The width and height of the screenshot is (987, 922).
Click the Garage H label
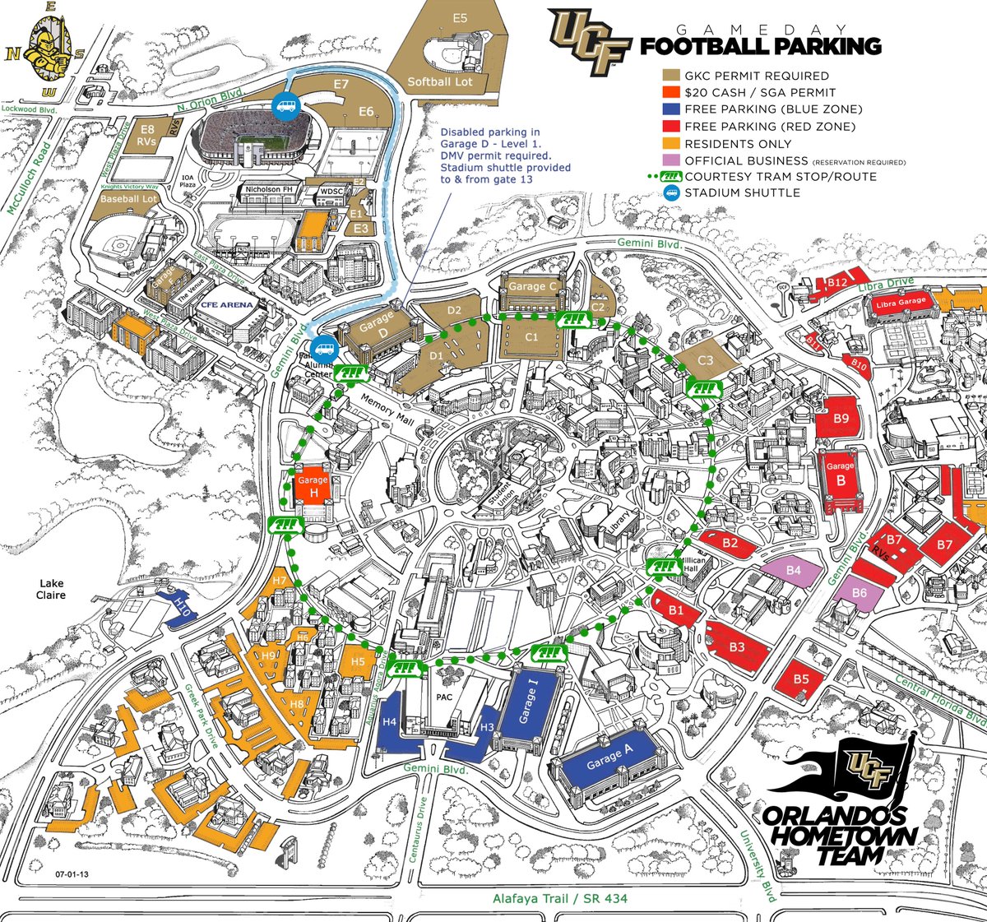[x=313, y=486]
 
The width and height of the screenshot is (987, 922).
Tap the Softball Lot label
[x=440, y=81]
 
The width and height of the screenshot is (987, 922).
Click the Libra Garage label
[x=901, y=303]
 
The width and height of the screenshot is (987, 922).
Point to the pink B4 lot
[x=793, y=570]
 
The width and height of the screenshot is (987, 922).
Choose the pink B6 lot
[x=860, y=592]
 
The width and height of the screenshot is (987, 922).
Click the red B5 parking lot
[x=801, y=679]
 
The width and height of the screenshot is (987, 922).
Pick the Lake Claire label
[x=51, y=589]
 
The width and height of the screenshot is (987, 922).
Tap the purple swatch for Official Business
[x=671, y=160]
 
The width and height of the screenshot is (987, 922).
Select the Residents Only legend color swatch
[x=671, y=144]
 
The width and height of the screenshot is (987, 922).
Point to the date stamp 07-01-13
[x=72, y=874]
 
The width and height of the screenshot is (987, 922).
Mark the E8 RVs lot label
[x=147, y=135]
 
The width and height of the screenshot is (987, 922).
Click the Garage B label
[x=841, y=473]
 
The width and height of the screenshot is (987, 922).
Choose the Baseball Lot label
[x=128, y=199]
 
